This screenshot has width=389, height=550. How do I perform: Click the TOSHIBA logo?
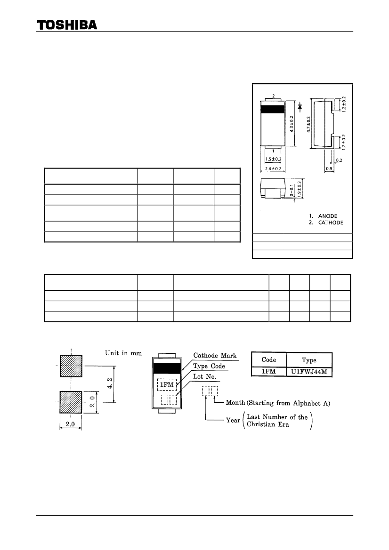click(x=67, y=25)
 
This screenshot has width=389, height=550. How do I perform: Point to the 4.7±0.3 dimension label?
click(x=308, y=124)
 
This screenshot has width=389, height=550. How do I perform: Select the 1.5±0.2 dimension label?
click(x=273, y=159)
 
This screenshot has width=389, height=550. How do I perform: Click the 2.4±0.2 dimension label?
click(x=273, y=169)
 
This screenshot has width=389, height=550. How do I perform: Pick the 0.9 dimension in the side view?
click(x=329, y=169)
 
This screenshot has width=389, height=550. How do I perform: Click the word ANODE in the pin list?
click(x=328, y=216)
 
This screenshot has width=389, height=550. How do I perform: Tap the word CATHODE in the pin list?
click(x=331, y=223)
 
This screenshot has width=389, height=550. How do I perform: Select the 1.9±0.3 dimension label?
click(x=300, y=189)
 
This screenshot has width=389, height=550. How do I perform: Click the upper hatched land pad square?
click(x=71, y=366)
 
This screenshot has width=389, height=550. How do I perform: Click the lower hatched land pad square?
click(x=71, y=402)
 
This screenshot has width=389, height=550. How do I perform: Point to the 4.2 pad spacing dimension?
click(x=110, y=383)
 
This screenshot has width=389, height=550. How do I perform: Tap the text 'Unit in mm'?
click(x=123, y=353)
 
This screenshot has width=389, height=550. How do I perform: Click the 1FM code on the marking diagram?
click(x=167, y=385)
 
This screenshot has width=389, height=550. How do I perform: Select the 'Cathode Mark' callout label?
click(x=215, y=355)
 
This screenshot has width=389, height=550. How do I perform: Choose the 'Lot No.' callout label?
click(x=205, y=376)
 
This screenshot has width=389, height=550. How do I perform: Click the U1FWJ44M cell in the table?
click(x=309, y=372)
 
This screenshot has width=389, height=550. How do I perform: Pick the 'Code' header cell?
click(x=269, y=360)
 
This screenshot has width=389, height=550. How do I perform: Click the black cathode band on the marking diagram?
click(x=167, y=368)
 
